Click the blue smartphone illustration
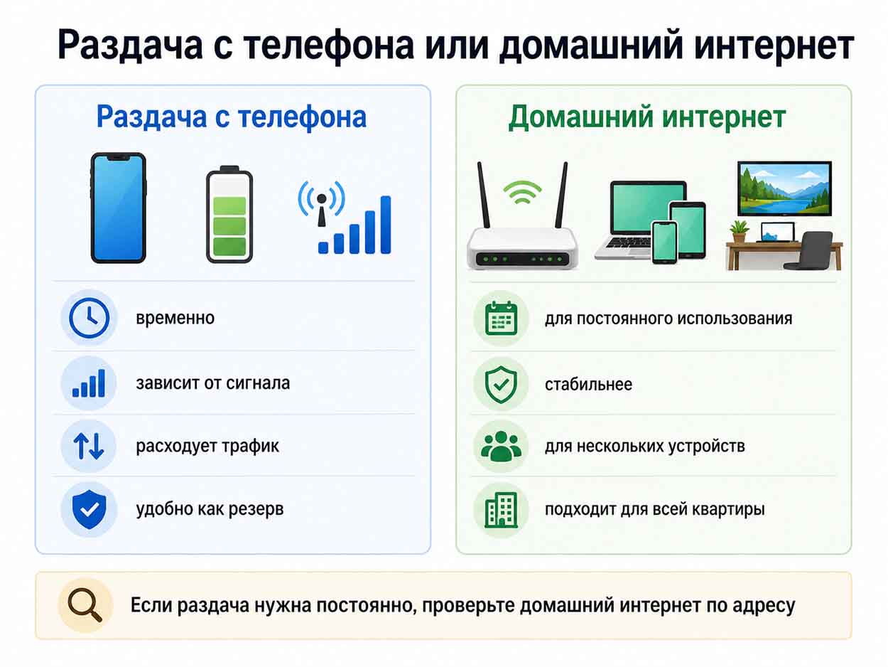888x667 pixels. (x=118, y=208)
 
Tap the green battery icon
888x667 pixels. (x=229, y=214)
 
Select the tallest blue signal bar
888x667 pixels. (x=386, y=225)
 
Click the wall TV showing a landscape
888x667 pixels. (x=784, y=188)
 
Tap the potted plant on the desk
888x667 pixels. (x=739, y=232)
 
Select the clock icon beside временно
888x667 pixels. (x=89, y=318)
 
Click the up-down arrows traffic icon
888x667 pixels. (x=89, y=446)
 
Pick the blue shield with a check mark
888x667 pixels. (x=89, y=509)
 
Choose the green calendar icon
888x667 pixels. (x=501, y=319)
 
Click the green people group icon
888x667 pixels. (x=501, y=447)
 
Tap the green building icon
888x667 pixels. (x=501, y=510)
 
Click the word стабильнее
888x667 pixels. (x=588, y=384)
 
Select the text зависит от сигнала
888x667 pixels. (x=213, y=383)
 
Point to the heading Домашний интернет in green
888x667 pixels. (x=647, y=117)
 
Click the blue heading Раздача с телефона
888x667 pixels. (x=232, y=117)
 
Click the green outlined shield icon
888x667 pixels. (x=501, y=384)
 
